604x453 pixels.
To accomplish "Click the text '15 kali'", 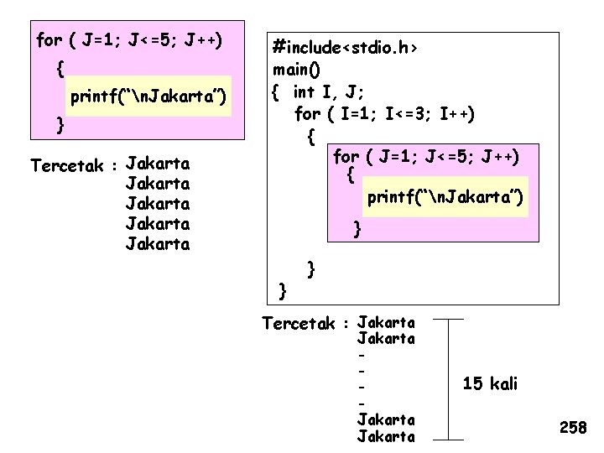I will point(490,384).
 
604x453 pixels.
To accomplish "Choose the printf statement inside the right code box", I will point(445,196).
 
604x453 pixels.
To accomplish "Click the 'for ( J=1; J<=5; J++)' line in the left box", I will point(129,40).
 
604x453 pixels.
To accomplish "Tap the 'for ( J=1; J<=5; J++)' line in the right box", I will point(426,156).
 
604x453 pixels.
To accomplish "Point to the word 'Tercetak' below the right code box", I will point(299,324).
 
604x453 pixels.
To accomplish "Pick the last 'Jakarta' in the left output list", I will point(157,244).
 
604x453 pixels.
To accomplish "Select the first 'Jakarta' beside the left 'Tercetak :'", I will point(157,163).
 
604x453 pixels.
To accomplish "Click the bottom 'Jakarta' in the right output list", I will point(386,435).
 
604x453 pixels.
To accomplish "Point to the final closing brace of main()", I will point(283,290).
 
